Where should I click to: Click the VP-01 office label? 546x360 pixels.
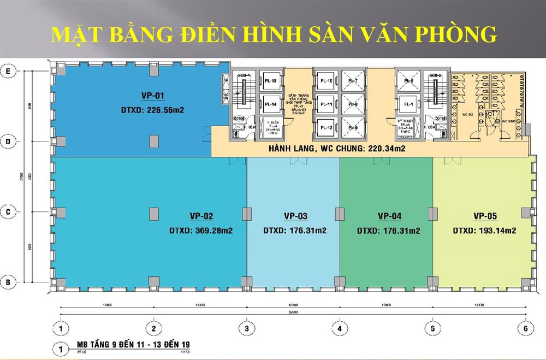[x=153, y=96]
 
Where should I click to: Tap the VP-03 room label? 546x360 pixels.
[x=295, y=215]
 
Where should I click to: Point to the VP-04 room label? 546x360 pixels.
[x=389, y=215]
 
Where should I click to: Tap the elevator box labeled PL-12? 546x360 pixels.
[x=327, y=127]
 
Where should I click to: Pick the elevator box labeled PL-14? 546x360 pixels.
[x=270, y=104]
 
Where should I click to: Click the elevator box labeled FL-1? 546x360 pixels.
[x=407, y=104]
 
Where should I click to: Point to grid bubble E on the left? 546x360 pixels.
[x=8, y=70]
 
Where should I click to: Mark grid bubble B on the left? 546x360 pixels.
[x=8, y=282]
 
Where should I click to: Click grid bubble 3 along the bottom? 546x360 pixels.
[x=247, y=329]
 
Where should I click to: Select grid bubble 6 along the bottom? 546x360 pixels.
[x=526, y=329]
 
